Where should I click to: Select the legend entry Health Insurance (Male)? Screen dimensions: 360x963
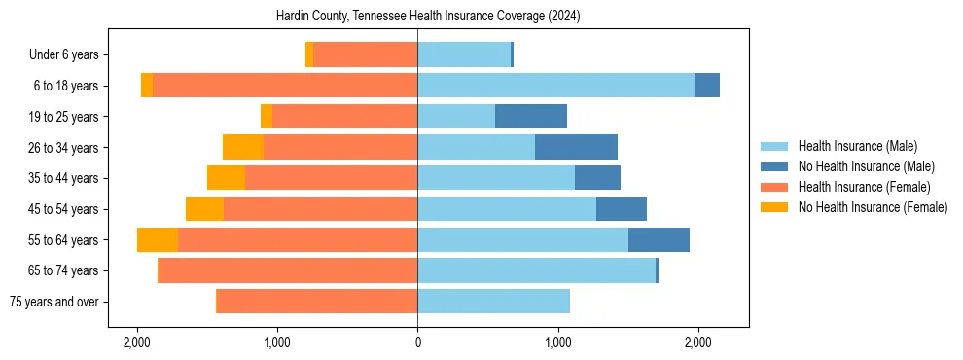857,147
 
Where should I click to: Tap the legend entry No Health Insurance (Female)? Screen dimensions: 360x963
873,207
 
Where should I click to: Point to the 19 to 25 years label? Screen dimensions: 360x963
63,117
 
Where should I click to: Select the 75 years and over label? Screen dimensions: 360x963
53,302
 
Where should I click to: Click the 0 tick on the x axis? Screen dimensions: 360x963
417,342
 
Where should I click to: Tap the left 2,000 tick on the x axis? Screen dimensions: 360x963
137,342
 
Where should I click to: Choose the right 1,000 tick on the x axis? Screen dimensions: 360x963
557,342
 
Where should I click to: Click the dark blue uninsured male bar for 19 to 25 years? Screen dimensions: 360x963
531,117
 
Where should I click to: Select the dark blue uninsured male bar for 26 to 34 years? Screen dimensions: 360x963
576,147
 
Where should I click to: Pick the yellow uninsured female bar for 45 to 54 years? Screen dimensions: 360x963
204,209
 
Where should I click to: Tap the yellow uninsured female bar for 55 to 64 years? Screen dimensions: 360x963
158,240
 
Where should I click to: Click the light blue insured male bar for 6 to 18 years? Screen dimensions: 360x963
555,86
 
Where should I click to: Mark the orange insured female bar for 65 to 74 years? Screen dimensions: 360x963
287,270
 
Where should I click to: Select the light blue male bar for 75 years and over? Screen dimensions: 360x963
493,302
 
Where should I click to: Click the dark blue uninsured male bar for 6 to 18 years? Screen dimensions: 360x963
707,86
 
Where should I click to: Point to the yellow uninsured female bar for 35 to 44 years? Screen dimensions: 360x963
226,178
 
